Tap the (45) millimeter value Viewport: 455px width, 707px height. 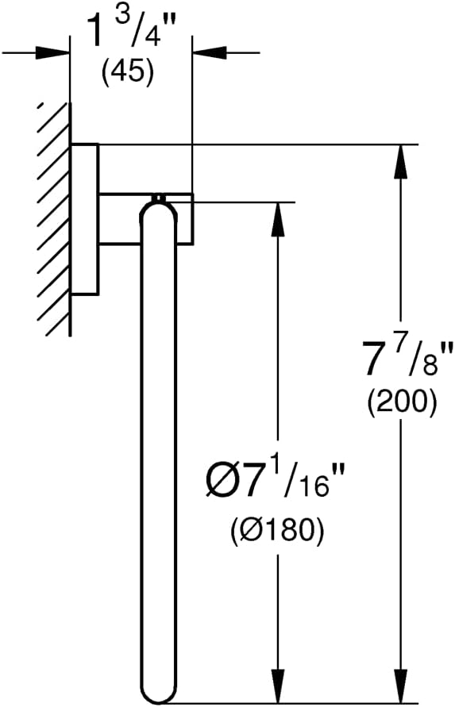(x=128, y=72)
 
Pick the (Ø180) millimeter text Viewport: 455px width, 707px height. (x=278, y=529)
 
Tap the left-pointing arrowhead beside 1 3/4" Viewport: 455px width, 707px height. (x=210, y=52)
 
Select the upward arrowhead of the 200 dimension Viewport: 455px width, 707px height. (x=401, y=161)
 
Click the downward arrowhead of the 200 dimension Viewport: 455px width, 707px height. (x=401, y=686)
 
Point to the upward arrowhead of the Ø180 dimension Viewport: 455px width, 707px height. (x=278, y=219)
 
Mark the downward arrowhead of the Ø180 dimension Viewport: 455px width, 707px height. (x=278, y=686)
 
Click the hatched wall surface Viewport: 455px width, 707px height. (x=54, y=219)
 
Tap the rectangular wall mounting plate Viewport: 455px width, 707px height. (x=85, y=219)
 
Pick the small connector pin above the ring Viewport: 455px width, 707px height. (x=158, y=198)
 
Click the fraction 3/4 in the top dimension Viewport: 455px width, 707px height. (x=144, y=28)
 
